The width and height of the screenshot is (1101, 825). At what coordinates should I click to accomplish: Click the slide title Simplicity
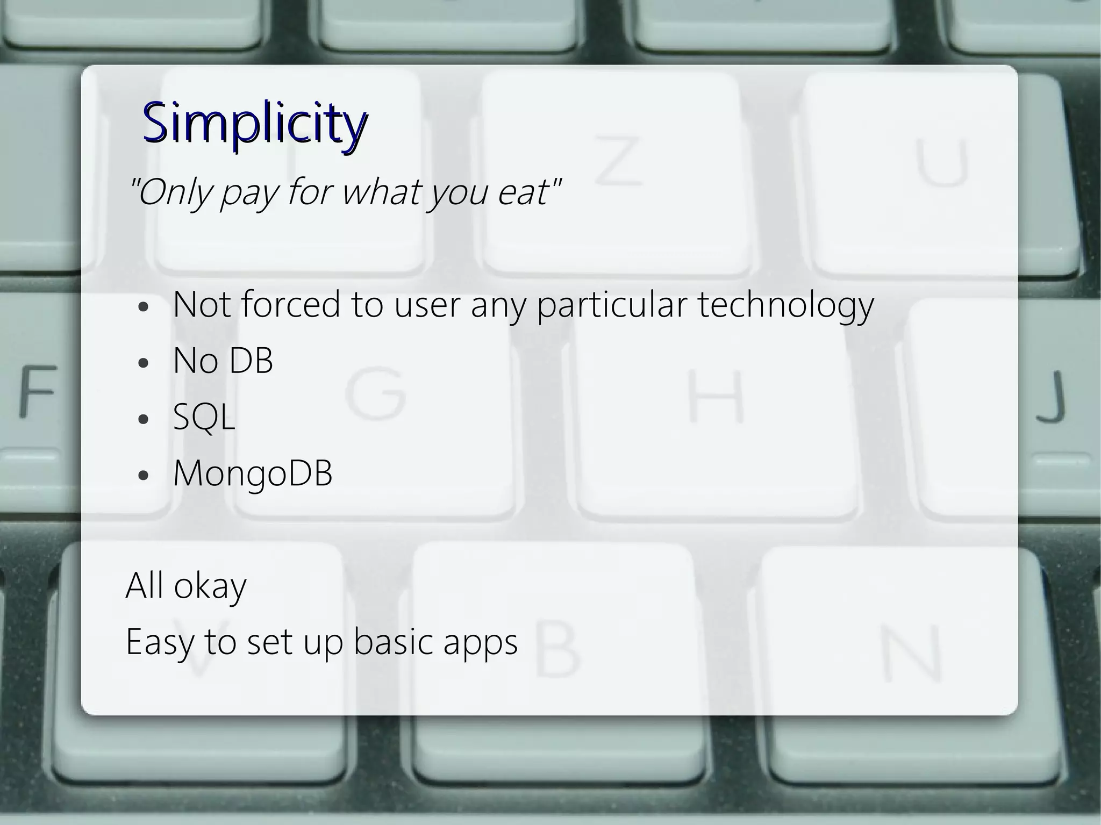coord(255,123)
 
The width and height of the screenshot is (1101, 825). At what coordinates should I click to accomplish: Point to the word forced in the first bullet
coord(290,304)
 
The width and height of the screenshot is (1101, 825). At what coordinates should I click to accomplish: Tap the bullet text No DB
coord(223,361)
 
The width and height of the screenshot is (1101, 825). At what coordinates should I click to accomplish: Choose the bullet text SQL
coord(204,417)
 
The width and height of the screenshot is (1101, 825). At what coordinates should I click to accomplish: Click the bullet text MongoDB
coord(253,474)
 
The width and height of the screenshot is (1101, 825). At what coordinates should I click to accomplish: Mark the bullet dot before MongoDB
coord(142,475)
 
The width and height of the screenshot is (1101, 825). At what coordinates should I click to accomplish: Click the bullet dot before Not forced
coord(142,307)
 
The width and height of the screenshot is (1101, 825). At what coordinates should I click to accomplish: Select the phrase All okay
coord(186,585)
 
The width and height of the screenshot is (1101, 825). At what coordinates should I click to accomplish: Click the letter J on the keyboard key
coord(1051,396)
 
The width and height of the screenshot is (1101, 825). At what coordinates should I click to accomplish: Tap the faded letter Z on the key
coord(618,160)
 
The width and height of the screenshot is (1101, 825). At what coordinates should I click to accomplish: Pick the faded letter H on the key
coord(717,396)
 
